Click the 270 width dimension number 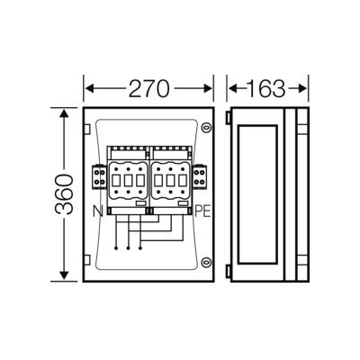pyautogui.click(x=149, y=88)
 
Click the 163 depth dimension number pyautogui.click(x=266, y=88)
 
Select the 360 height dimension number pyautogui.click(x=64, y=194)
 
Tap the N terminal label pyautogui.click(x=98, y=211)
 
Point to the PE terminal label pyautogui.click(x=202, y=211)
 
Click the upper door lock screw pyautogui.click(x=206, y=128)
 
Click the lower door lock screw pyautogui.click(x=206, y=262)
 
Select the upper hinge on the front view pyautogui.click(x=86, y=129)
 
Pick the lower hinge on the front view pyautogui.click(x=86, y=259)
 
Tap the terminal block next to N pyautogui.click(x=100, y=177)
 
